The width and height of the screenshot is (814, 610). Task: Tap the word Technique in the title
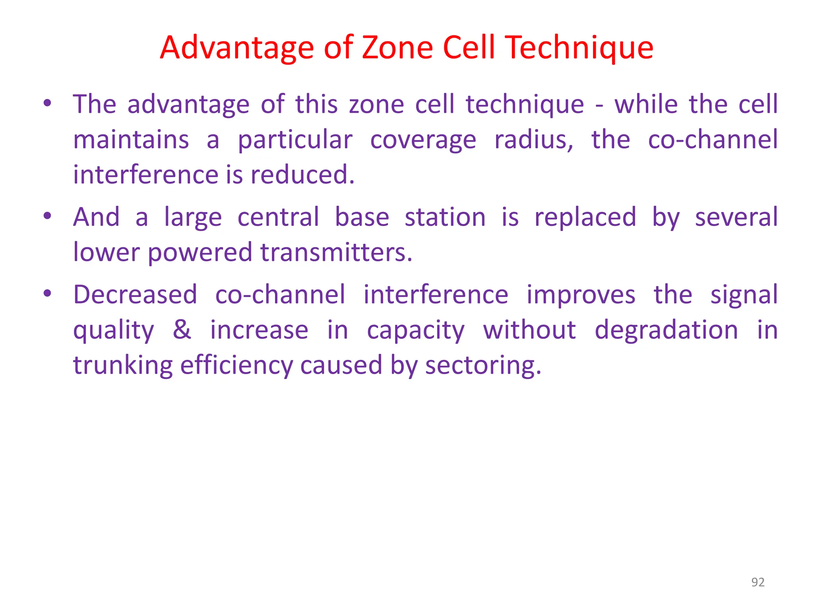580,48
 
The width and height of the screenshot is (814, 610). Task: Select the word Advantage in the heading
236,48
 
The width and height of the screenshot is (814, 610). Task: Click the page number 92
758,582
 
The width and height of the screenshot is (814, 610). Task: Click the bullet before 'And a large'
48,216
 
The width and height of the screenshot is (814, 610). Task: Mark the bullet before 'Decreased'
48,294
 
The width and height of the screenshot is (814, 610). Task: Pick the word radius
534,140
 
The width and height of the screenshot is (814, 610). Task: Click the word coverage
423,141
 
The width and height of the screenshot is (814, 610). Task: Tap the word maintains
131,140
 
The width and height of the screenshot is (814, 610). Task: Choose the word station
445,217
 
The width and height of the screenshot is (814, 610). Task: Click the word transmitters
336,252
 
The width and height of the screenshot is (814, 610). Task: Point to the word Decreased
135,295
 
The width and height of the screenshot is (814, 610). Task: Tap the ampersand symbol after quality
182,330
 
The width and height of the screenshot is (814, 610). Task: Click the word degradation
666,330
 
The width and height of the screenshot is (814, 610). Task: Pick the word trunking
123,365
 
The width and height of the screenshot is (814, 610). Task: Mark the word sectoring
483,365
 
